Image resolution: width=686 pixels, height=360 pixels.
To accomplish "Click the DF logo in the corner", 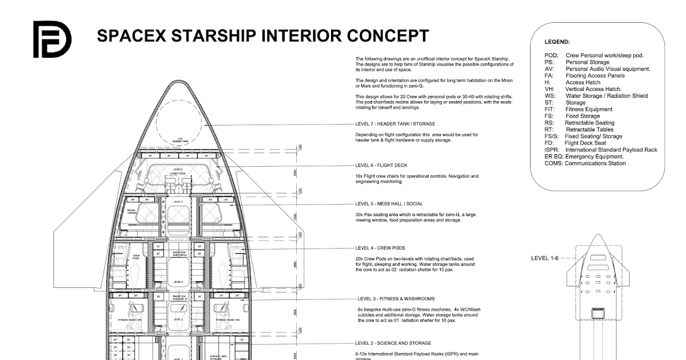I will point(51,39).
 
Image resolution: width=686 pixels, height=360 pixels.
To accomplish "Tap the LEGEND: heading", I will point(557,42).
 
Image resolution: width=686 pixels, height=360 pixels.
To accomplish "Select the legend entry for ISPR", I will point(601,150).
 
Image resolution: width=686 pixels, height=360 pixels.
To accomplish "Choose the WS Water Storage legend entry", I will point(596,96).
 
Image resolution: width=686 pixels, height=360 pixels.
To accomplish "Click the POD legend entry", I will point(594,55).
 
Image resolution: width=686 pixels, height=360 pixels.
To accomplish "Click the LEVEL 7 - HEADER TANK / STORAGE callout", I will point(394,124).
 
